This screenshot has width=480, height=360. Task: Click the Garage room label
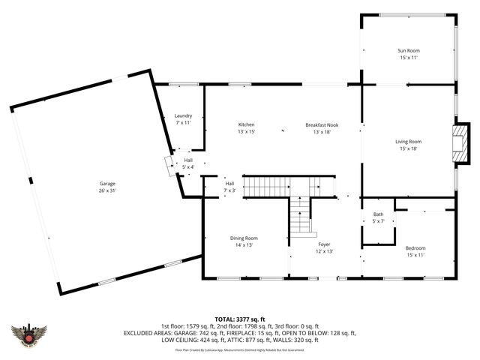point(107,183)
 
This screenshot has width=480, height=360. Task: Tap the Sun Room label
point(408,51)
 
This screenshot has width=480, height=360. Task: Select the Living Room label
point(408,141)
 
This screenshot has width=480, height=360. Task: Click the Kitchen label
point(247,124)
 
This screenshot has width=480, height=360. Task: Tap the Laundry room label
point(183,115)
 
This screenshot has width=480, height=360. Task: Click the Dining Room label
point(244,238)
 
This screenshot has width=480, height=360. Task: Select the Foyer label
point(324,244)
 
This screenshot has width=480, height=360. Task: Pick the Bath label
point(378,214)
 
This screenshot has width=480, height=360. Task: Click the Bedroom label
point(415,248)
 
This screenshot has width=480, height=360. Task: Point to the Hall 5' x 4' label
point(189,160)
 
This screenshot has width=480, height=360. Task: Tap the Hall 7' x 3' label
point(229,184)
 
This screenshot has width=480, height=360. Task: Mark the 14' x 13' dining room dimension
point(244,244)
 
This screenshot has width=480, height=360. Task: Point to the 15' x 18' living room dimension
point(408,148)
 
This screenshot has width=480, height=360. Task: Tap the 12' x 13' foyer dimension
point(324,251)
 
